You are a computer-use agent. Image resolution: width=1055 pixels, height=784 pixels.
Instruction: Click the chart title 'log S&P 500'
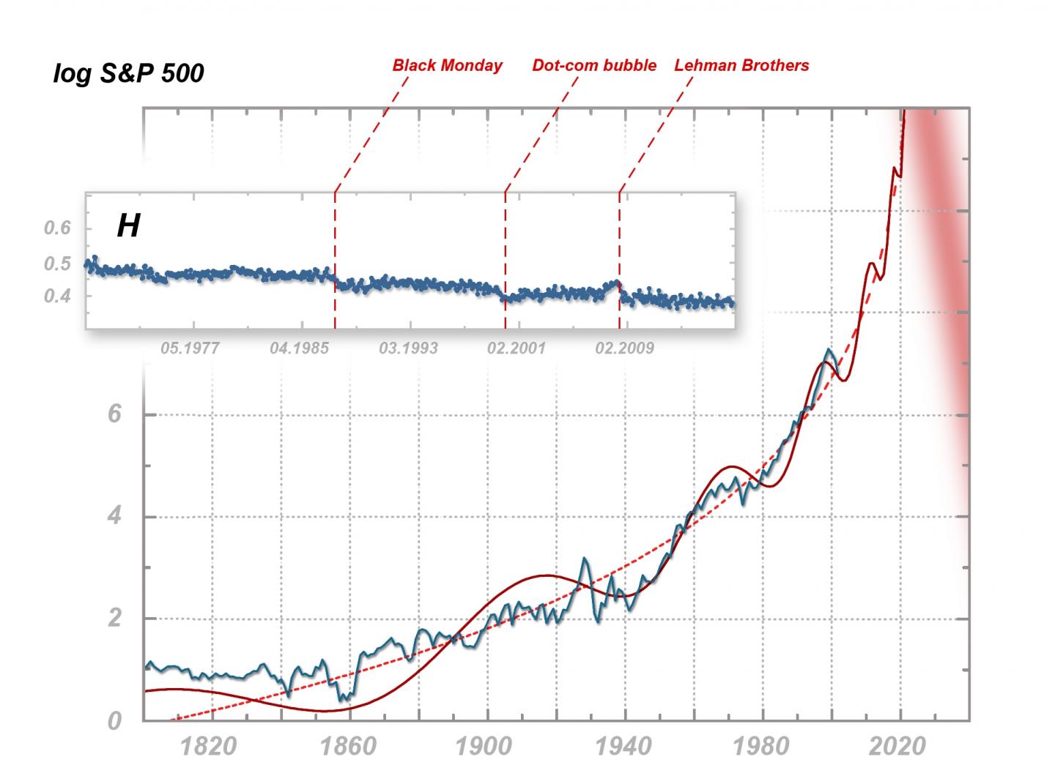[128, 74]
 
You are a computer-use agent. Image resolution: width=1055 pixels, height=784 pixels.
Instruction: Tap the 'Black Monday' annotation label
[447, 65]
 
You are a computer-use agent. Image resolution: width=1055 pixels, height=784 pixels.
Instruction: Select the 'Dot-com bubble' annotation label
[594, 65]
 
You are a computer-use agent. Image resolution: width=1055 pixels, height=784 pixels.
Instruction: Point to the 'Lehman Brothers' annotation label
[741, 65]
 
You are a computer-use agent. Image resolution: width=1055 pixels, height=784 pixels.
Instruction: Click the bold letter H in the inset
[128, 226]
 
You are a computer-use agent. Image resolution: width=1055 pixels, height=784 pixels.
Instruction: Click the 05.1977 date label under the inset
[190, 348]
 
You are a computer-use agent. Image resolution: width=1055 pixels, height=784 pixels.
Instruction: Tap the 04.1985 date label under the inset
[299, 348]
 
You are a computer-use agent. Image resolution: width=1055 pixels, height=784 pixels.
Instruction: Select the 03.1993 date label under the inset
[408, 348]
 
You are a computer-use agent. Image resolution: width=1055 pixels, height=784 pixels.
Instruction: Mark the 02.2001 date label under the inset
[517, 348]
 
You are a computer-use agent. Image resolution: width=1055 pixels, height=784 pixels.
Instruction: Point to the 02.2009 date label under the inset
[624, 348]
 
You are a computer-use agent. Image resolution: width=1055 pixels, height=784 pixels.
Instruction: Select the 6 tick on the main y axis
[114, 414]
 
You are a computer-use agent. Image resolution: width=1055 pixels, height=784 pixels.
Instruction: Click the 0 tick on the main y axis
[114, 721]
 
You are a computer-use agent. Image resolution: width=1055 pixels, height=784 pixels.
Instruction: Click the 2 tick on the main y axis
[114, 619]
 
